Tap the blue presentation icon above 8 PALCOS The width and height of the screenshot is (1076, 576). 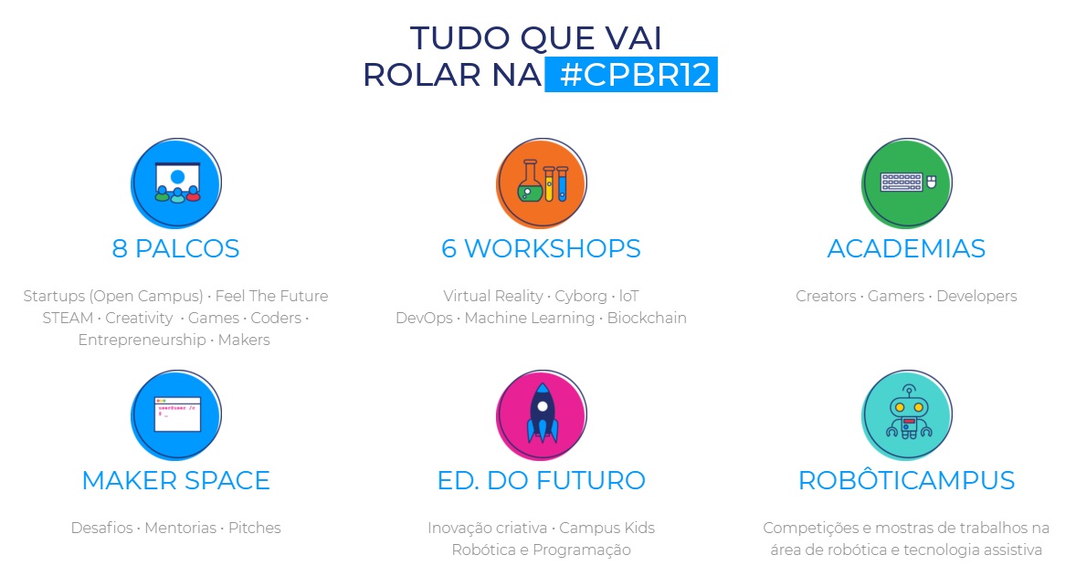[x=176, y=183]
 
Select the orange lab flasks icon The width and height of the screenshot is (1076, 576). [x=542, y=183]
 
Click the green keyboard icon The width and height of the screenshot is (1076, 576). [x=906, y=183]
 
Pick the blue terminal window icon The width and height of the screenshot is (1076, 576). [x=176, y=414]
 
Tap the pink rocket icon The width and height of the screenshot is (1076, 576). [x=542, y=414]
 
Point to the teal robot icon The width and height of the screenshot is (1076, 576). [x=906, y=414]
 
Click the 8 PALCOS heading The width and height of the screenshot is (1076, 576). [x=175, y=249]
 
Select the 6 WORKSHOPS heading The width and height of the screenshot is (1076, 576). [x=541, y=249]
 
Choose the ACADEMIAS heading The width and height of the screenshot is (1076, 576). [x=906, y=249]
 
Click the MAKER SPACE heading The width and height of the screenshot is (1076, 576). [x=175, y=481]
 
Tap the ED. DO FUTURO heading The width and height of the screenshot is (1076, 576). [x=542, y=481]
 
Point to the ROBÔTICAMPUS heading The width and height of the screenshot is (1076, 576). [x=906, y=479]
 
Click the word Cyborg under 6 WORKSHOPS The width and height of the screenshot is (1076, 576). [x=581, y=297]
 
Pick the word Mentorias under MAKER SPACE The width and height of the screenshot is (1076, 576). [x=181, y=528]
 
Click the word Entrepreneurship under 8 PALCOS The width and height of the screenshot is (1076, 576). [x=142, y=340]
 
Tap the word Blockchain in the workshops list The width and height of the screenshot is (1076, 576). [x=647, y=319]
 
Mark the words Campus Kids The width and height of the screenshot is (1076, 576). [x=607, y=529]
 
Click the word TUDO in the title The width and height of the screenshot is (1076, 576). [x=460, y=38]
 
